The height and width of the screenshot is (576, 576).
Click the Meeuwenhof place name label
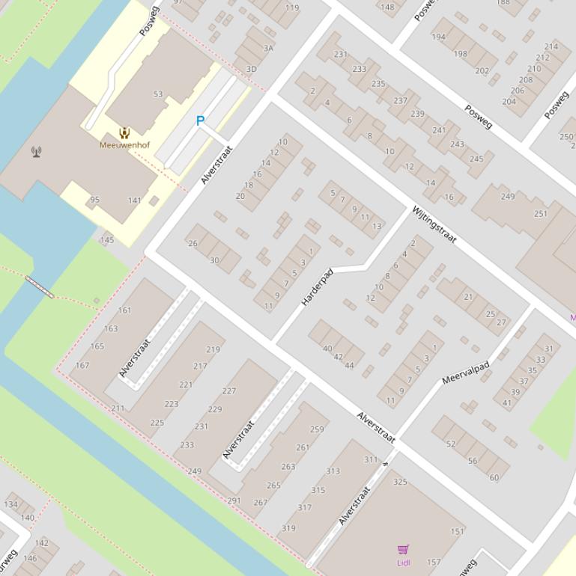click(x=124, y=145)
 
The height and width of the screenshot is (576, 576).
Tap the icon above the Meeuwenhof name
click(x=124, y=134)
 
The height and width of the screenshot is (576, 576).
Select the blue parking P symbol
click(x=200, y=120)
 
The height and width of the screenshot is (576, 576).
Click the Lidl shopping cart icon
click(x=403, y=550)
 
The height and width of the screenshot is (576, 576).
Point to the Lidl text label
click(x=403, y=562)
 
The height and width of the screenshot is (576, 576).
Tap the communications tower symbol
click(x=36, y=152)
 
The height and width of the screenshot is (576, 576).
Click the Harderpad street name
click(x=317, y=287)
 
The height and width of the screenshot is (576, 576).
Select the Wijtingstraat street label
click(x=434, y=224)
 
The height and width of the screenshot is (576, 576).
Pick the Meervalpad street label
click(x=465, y=373)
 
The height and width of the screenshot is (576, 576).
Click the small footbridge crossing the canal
click(x=40, y=287)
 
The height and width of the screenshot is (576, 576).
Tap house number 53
click(x=158, y=94)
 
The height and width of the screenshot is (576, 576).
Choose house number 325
click(x=400, y=482)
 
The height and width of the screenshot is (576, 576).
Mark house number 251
click(x=540, y=214)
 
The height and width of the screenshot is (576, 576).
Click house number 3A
click(x=268, y=48)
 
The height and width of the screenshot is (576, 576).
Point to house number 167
click(x=82, y=366)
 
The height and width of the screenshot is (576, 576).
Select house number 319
click(x=288, y=528)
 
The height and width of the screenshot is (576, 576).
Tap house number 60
click(x=494, y=477)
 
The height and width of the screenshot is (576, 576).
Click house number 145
click(x=107, y=240)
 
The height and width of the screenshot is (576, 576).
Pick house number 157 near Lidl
click(x=434, y=563)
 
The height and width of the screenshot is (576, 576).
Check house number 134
click(x=10, y=504)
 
